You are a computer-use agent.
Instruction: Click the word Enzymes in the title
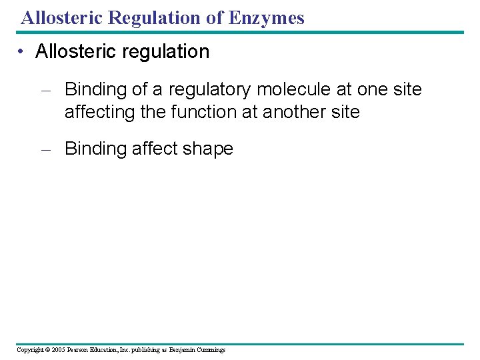pos(266,18)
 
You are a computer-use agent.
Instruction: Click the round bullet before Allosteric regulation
pos(23,52)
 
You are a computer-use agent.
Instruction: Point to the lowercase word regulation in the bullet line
pos(168,52)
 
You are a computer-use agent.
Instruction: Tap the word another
pos(294,112)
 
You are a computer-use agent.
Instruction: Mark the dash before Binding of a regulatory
pos(46,89)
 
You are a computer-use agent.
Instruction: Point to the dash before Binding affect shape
pos(46,149)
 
